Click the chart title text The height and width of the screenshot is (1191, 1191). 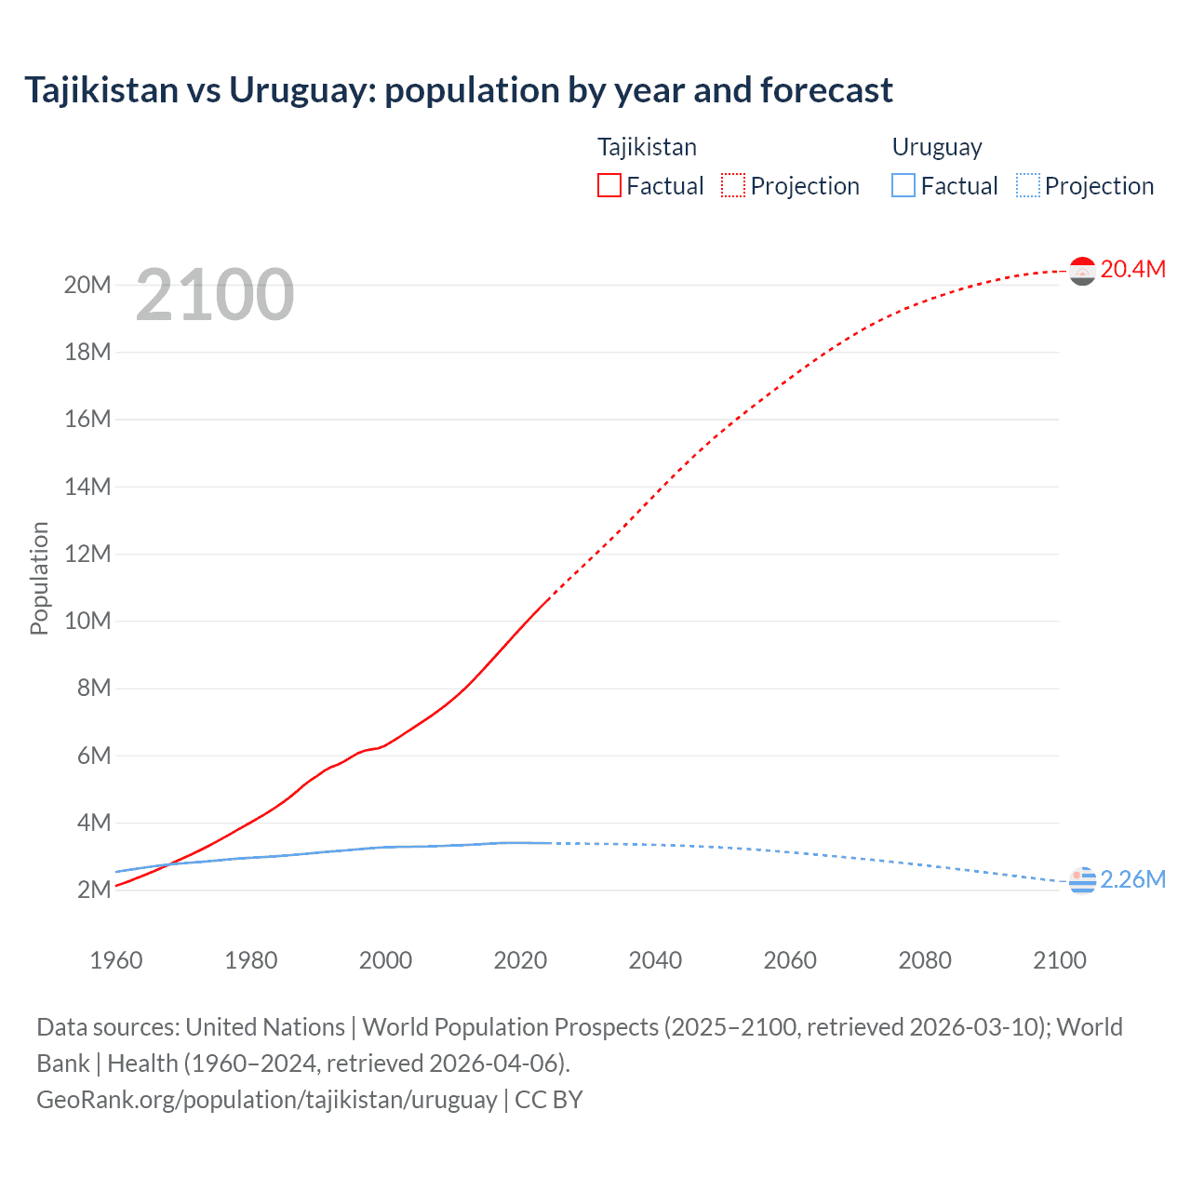pos(459,90)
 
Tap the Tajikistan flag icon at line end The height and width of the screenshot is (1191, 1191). pos(1082,271)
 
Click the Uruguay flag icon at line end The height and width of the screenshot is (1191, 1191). pos(1082,880)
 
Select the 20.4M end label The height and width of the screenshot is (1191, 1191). pos(1132,269)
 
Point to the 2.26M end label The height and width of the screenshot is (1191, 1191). pos(1132,879)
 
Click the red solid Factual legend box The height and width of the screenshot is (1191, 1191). pos(609,186)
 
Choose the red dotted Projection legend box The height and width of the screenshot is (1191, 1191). pos(733,186)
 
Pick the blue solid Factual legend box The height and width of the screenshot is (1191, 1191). pos(903,186)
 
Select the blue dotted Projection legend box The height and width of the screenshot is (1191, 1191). pos(1028,186)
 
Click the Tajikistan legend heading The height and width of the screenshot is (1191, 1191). pos(647,147)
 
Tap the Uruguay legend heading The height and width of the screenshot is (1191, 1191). pos(937,147)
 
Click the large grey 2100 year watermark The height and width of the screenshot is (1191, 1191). pos(215,295)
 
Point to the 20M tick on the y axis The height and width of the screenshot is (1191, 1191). pos(87,285)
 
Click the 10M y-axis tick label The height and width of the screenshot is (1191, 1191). pos(87,621)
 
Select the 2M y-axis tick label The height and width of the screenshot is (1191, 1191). pos(94,890)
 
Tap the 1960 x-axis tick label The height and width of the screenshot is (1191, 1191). pos(116,960)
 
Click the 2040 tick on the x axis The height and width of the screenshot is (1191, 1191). pos(655,960)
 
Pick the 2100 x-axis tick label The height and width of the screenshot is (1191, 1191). pos(1060,960)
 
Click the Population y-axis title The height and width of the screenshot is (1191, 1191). pos(39,578)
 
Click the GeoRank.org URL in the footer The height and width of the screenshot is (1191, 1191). pos(266,1099)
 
